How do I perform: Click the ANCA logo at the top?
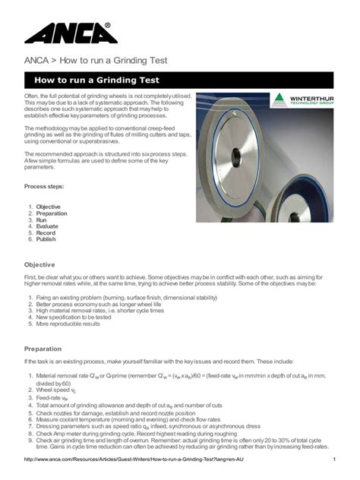(x=68, y=34)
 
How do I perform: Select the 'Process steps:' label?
(x=44, y=186)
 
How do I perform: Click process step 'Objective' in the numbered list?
(x=48, y=207)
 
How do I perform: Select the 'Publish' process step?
(x=46, y=239)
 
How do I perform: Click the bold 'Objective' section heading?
(x=43, y=264)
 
